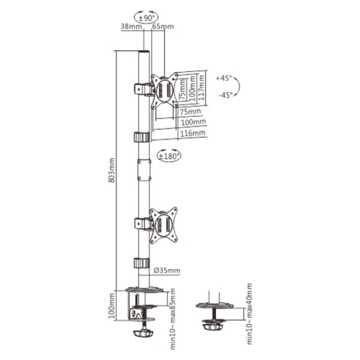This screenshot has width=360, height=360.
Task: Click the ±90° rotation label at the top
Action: coord(146,18)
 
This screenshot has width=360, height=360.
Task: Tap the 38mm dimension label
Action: coord(131,26)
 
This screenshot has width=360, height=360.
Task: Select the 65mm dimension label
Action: coord(163,26)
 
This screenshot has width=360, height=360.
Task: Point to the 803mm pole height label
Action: coord(112,170)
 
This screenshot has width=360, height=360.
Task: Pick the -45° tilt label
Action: coord(226,95)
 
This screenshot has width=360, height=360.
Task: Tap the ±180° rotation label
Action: coord(169,157)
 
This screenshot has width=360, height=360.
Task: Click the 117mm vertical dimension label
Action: coord(202,88)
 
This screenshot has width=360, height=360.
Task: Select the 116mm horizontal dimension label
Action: coord(193,133)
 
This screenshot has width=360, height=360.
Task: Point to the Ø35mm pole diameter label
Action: coord(167,271)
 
